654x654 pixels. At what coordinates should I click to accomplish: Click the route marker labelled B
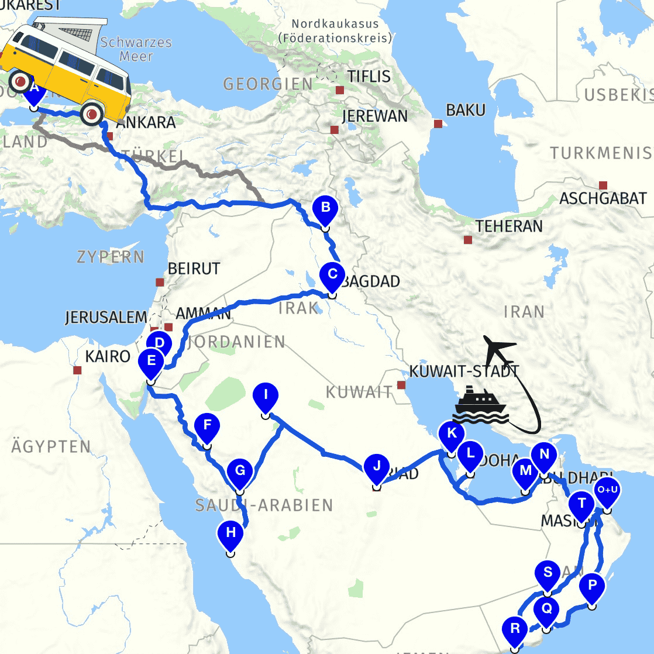(325, 208)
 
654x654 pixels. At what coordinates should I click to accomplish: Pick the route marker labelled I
(266, 395)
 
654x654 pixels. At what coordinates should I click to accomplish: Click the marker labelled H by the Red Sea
(230, 533)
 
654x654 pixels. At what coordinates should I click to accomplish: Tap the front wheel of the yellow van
(91, 114)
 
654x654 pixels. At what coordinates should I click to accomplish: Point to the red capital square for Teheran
(468, 240)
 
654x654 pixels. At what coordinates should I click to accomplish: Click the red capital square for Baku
(438, 123)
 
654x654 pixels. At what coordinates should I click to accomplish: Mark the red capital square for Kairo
(77, 370)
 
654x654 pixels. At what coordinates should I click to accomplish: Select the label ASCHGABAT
(603, 198)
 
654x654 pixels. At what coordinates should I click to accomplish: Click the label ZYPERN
(110, 256)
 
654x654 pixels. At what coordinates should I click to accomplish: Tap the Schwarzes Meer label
(136, 49)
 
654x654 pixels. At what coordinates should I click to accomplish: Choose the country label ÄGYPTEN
(51, 447)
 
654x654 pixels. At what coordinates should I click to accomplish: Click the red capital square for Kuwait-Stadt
(401, 385)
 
